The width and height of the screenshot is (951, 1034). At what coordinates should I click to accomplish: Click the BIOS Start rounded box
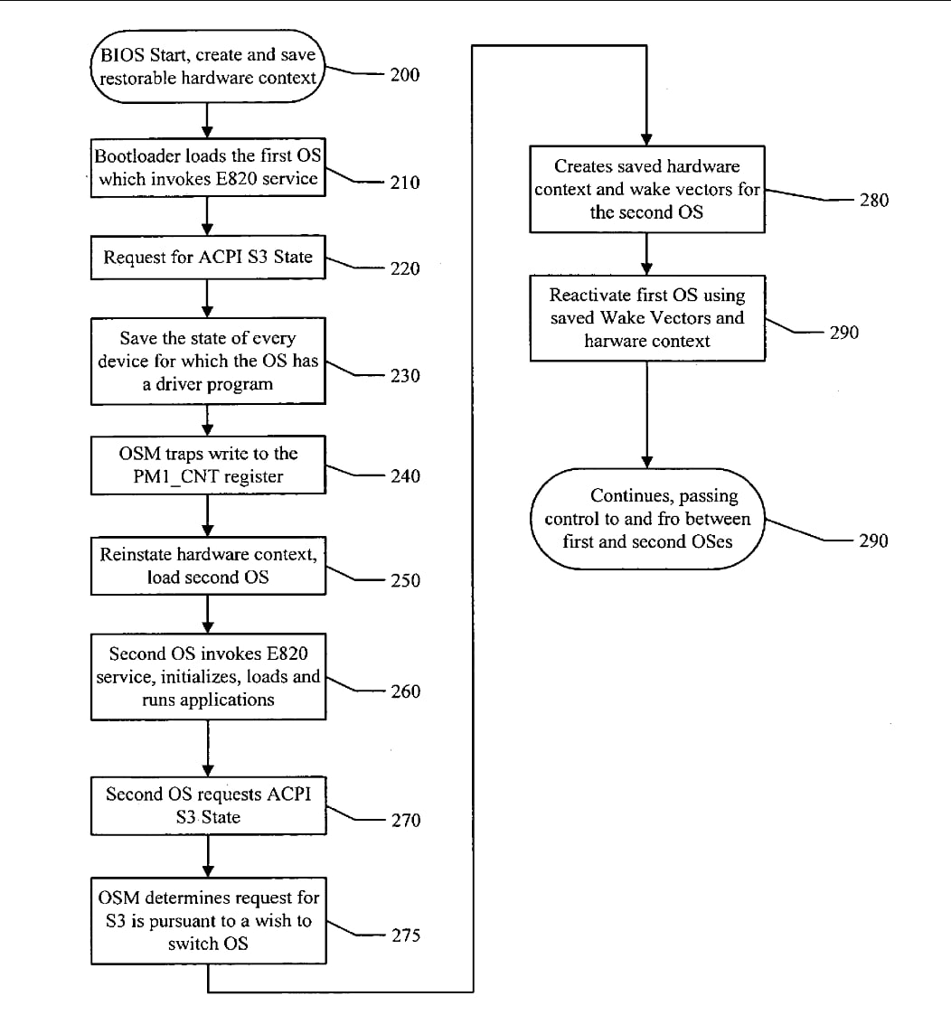point(208,66)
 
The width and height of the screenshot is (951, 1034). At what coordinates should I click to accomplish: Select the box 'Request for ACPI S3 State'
point(208,258)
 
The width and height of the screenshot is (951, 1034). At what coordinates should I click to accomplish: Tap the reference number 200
point(405,74)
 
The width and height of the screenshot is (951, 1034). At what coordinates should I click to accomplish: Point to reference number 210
point(405,182)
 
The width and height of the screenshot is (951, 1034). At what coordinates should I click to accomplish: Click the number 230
point(405,375)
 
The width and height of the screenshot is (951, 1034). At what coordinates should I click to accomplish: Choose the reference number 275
point(406,935)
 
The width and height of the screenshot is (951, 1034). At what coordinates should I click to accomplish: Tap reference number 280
point(874,200)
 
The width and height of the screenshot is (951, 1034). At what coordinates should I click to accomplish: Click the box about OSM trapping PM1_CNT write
point(208,465)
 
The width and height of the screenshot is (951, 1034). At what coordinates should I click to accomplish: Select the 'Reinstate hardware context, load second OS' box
point(208,566)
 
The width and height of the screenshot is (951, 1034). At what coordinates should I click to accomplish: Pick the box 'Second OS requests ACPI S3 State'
point(208,806)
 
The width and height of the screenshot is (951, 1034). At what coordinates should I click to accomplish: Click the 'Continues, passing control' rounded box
point(647,519)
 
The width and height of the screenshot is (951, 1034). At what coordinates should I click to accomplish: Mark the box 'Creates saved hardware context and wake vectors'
point(647,189)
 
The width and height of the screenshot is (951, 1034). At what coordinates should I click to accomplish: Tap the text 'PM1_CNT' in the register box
point(175,476)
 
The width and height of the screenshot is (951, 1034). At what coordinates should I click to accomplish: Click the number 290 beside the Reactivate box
point(844,333)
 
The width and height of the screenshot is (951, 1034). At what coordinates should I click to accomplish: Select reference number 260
point(406,691)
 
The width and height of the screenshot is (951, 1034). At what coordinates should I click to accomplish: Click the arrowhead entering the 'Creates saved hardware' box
point(647,140)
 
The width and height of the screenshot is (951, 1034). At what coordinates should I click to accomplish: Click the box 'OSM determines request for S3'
point(209,921)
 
